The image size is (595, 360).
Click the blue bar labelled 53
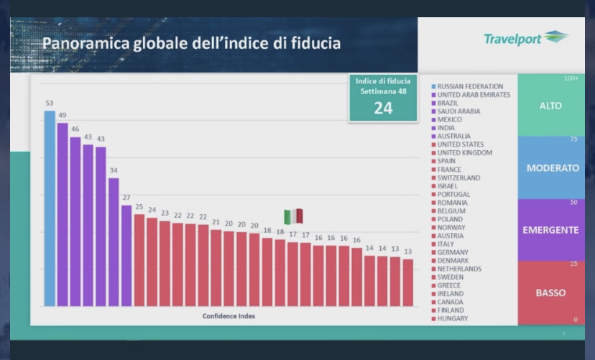[x=50, y=208]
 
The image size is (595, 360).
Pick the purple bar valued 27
[x=126, y=255]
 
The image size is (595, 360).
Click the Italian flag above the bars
[x=293, y=216]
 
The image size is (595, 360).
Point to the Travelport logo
[x=526, y=38]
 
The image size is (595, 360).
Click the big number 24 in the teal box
[x=382, y=108]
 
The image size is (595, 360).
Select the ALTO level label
[x=550, y=106]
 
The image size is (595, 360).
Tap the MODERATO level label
[x=553, y=168]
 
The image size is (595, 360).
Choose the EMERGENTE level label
[x=551, y=230]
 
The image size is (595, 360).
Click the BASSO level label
[x=550, y=292]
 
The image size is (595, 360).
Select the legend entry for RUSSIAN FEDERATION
[x=470, y=87]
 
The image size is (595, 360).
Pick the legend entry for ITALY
[x=451, y=244]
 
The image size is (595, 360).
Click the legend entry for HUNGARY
[x=452, y=318]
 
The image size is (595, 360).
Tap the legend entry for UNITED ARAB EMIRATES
[x=474, y=95]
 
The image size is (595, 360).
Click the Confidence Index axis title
[x=229, y=316]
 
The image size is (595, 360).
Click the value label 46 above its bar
[x=75, y=129]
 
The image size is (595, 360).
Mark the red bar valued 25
[x=139, y=259]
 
